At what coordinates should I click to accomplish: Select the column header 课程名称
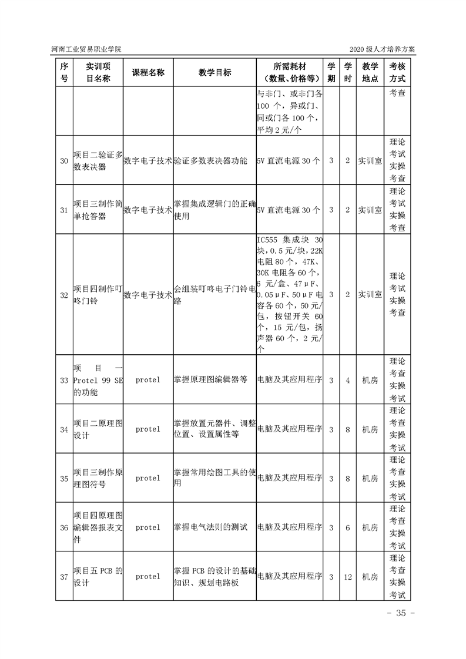(148, 72)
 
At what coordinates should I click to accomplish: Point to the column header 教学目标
(214, 72)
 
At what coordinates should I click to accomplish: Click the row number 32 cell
(64, 295)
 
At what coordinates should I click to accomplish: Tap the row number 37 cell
(64, 577)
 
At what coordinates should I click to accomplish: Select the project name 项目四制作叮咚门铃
(98, 295)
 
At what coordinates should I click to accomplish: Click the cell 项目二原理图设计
(98, 429)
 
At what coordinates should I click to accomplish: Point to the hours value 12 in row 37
(347, 577)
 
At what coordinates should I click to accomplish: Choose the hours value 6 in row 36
(347, 527)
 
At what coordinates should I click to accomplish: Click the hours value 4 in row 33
(347, 380)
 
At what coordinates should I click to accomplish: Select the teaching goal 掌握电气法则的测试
(210, 527)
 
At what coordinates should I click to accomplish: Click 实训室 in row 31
(370, 210)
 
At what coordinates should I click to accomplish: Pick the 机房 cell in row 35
(370, 478)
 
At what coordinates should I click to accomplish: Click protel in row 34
(147, 429)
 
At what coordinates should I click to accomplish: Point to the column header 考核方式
(397, 72)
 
